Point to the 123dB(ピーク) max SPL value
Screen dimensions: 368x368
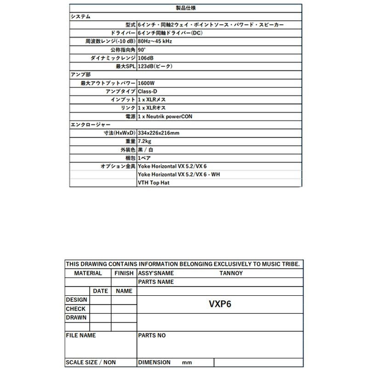click(155, 67)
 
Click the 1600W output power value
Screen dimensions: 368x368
click(146, 83)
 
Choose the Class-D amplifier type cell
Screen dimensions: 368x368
click(148, 92)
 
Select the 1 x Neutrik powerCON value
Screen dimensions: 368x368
click(165, 116)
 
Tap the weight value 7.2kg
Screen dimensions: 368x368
click(144, 141)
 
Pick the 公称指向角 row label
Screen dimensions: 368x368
click(123, 50)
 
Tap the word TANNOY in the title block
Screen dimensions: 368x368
click(231, 273)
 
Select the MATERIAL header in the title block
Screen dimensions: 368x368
click(88, 273)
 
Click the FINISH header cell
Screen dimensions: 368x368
click(124, 273)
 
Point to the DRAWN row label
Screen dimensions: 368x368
click(76, 317)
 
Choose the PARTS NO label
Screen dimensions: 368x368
click(152, 336)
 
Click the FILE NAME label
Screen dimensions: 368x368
click(81, 336)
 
